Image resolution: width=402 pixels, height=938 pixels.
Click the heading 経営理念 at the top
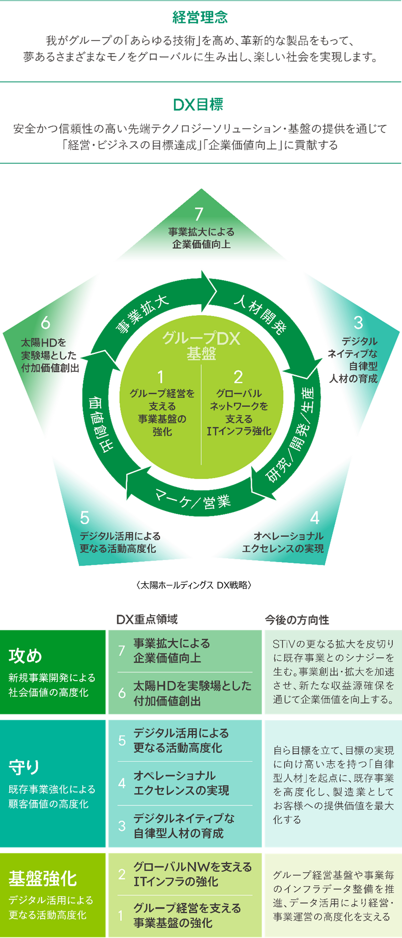click(x=200, y=17)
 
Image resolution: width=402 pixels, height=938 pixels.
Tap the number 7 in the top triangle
click(x=199, y=214)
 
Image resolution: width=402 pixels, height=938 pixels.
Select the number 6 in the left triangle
click(x=45, y=323)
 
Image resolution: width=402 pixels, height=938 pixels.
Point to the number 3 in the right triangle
click(x=358, y=323)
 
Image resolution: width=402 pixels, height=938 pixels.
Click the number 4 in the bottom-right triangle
click(x=314, y=518)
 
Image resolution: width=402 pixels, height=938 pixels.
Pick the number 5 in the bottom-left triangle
click(x=85, y=518)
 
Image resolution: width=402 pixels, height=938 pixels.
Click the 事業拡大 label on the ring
click(x=142, y=313)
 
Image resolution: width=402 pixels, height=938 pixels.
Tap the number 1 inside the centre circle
click(x=160, y=377)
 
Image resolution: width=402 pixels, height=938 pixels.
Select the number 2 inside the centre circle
click(x=238, y=377)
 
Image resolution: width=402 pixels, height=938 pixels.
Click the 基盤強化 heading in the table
click(x=43, y=879)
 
